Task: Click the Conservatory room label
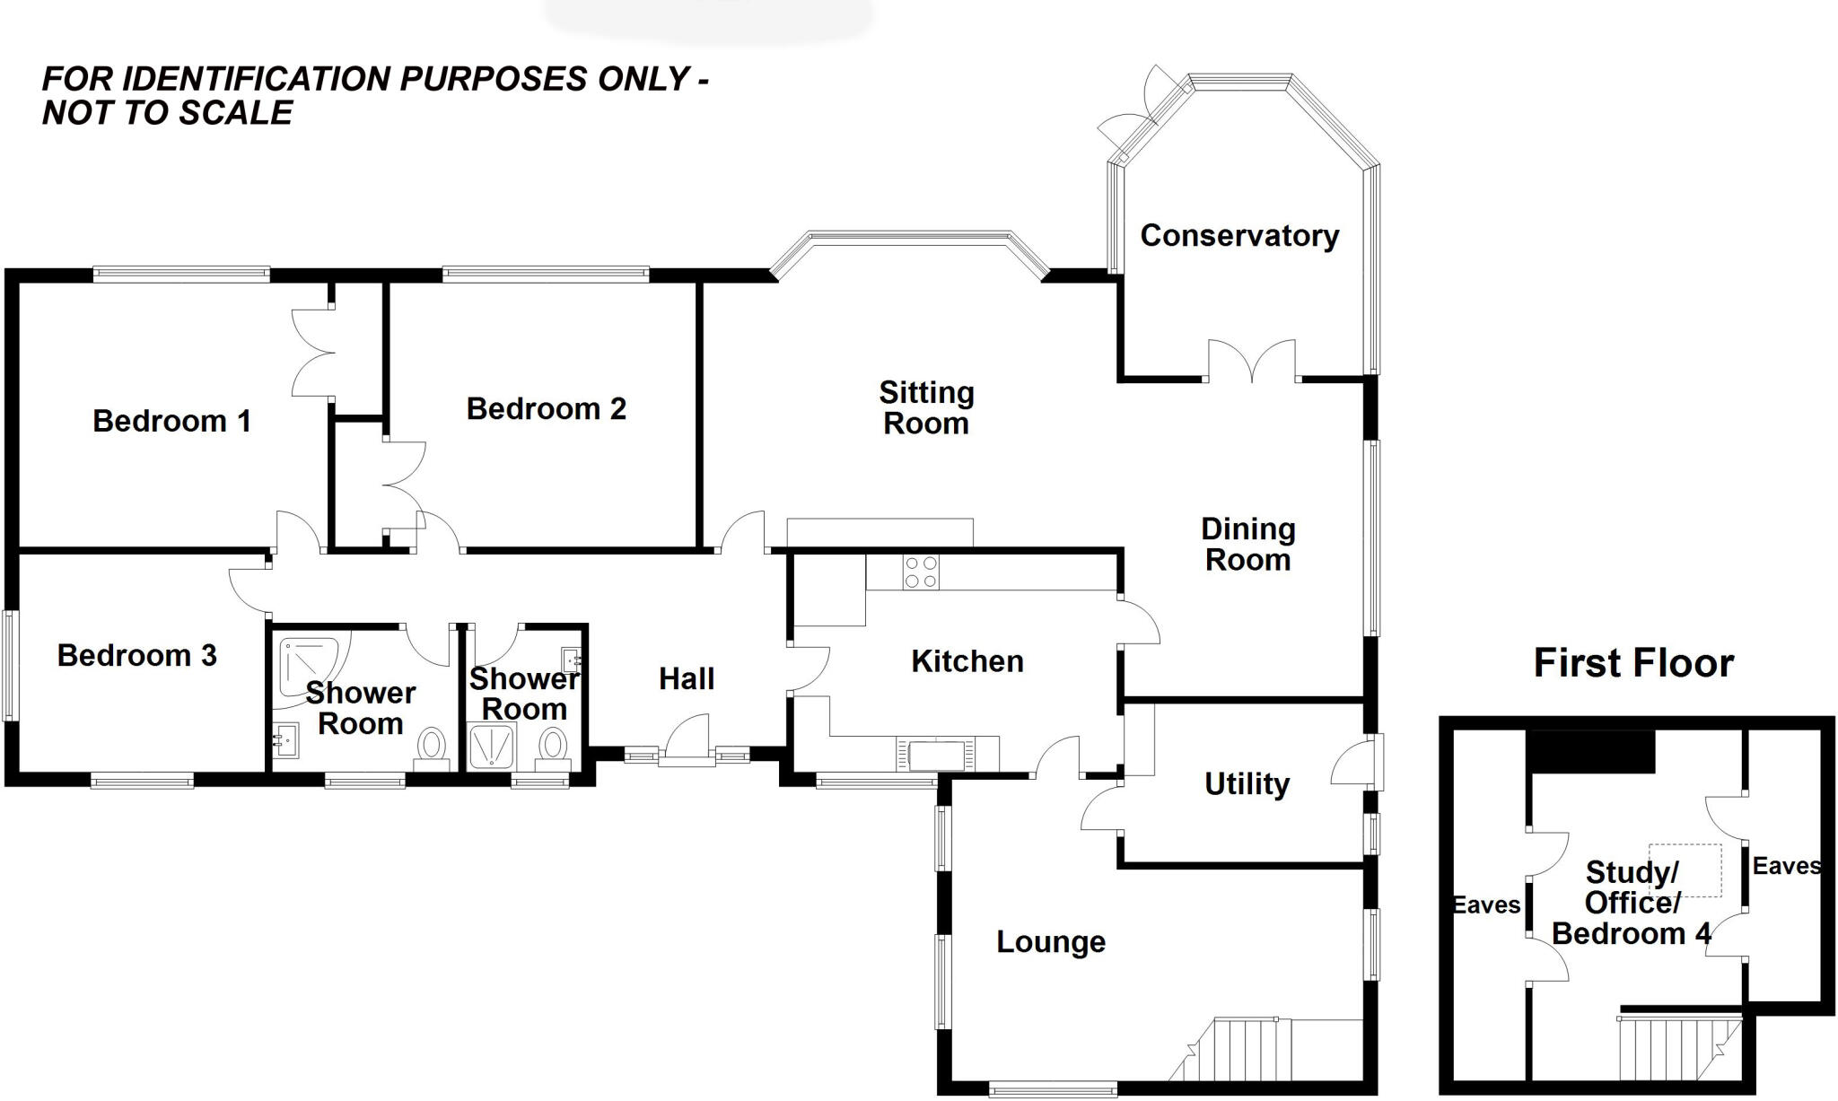tap(1239, 236)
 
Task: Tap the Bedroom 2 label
tap(546, 409)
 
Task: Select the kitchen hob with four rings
tap(921, 572)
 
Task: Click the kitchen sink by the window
tap(937, 756)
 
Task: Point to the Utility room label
tap(1247, 784)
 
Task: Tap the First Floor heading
tap(1633, 663)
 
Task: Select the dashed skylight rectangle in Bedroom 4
tap(1685, 869)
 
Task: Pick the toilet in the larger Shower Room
tap(433, 747)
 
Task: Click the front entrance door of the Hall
tap(687, 741)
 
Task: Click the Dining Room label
tap(1247, 545)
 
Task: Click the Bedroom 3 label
tap(136, 656)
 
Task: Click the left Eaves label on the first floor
tap(1486, 905)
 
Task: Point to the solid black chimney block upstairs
tap(1592, 751)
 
